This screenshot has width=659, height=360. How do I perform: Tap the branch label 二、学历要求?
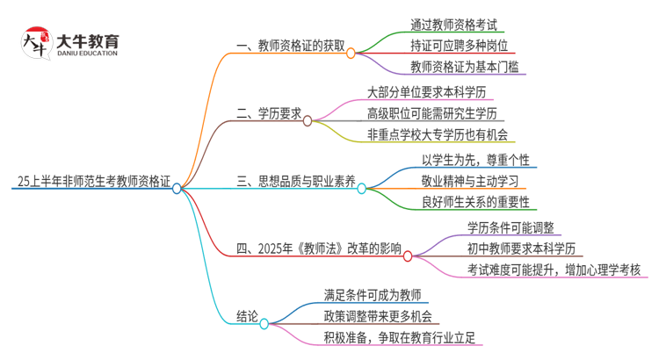point(269,113)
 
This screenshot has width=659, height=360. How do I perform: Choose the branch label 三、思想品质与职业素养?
point(296,182)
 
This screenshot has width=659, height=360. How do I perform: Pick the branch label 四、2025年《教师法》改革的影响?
point(319,250)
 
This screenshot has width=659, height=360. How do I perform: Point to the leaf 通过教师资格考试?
point(458,25)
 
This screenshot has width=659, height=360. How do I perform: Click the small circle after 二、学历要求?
point(308,120)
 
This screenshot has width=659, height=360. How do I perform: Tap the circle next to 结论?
point(264,324)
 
